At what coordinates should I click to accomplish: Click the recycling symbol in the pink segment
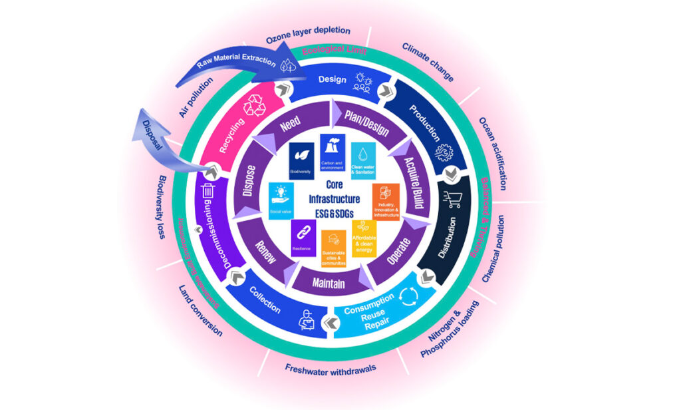255,106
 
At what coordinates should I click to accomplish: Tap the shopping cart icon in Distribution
453,198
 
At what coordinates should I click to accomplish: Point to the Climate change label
428,63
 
